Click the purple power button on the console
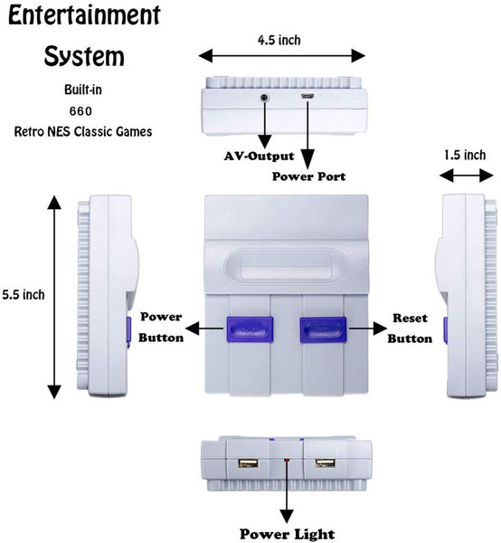250,329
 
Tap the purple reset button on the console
323,329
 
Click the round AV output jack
265,98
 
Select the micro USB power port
307,97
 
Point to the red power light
287,461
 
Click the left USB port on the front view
248,463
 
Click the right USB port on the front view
326,463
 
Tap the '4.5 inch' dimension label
279,40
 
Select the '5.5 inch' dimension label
24,295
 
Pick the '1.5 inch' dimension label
465,155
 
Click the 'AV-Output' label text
260,156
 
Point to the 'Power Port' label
308,176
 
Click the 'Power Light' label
288,534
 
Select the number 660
81,111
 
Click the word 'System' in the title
84,56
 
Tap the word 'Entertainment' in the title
84,15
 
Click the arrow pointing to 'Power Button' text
204,329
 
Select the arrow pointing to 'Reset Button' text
368,329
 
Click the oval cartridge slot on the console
287,267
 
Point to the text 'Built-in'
83,90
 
